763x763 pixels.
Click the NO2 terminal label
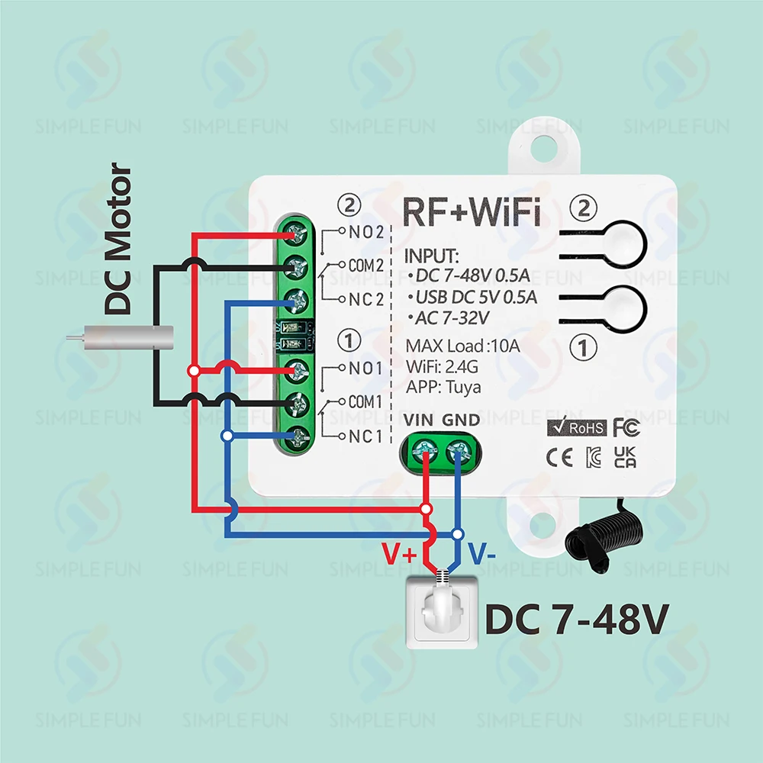[366, 232]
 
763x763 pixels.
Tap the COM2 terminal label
[366, 266]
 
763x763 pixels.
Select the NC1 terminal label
[365, 436]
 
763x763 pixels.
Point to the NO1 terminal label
[365, 369]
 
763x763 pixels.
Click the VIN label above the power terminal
[418, 420]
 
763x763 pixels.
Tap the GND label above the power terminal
[461, 420]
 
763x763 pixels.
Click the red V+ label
[399, 553]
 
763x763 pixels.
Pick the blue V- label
[481, 553]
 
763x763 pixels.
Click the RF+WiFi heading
[472, 212]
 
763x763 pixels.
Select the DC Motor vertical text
[118, 238]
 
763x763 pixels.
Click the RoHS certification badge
[577, 427]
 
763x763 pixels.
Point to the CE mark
[559, 458]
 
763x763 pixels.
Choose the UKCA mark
[625, 457]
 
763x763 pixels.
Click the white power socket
[443, 612]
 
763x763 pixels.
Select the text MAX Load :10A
[463, 346]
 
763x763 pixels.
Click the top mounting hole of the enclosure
[543, 149]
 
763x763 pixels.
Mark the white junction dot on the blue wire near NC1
[227, 436]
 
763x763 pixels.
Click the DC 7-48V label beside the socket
[577, 620]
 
